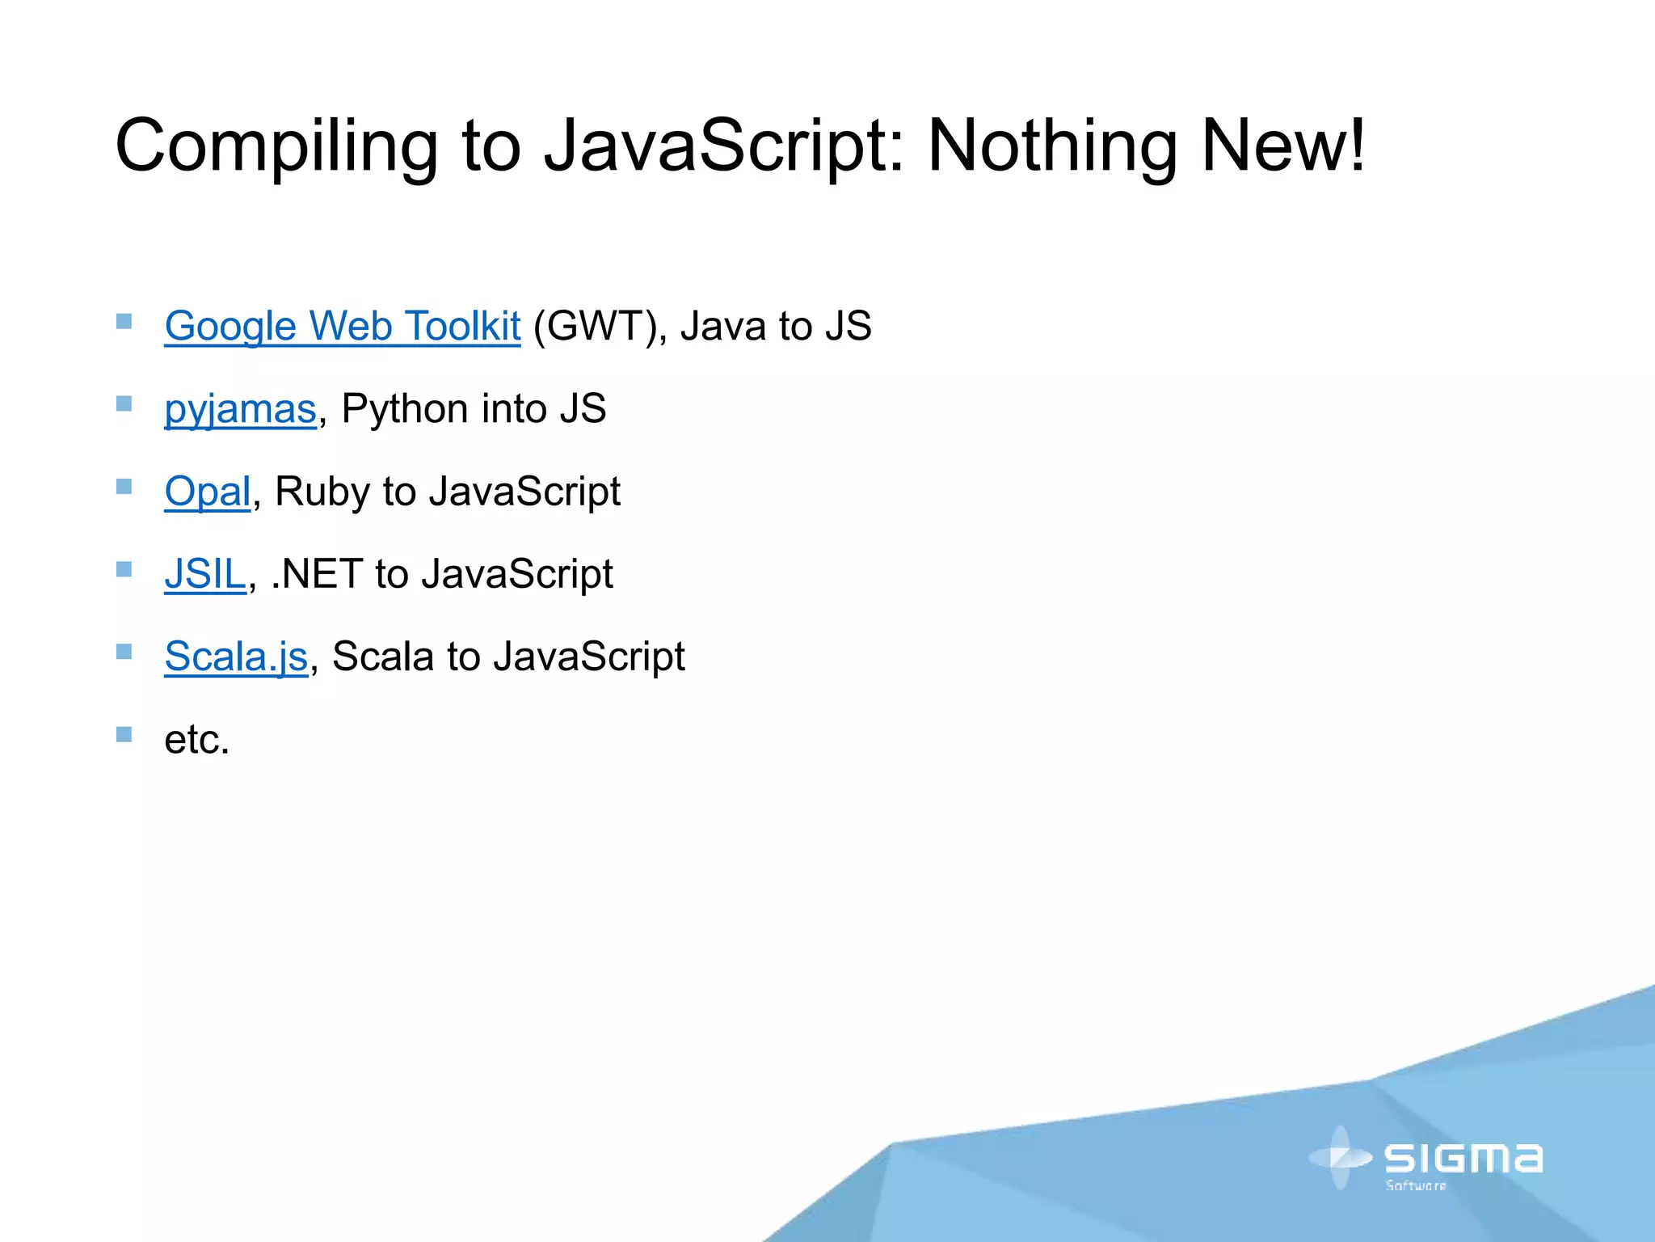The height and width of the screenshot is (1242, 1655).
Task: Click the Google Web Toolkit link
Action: tap(342, 327)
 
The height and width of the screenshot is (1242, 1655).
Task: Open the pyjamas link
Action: tap(240, 409)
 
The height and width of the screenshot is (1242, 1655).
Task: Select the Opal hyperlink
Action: tap(208, 492)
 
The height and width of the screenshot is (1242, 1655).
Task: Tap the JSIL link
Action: tap(204, 574)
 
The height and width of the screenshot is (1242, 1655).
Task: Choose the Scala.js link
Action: tap(236, 657)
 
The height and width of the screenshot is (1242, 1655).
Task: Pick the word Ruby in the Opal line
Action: tap(322, 492)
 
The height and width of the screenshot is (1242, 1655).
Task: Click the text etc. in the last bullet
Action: tap(197, 739)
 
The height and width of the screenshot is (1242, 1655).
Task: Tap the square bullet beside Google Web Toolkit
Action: tap(124, 322)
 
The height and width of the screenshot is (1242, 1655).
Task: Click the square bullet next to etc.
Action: tap(124, 734)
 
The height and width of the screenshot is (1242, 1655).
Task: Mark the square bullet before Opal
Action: tap(124, 487)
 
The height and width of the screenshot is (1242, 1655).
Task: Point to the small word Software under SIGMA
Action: tap(1416, 1186)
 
